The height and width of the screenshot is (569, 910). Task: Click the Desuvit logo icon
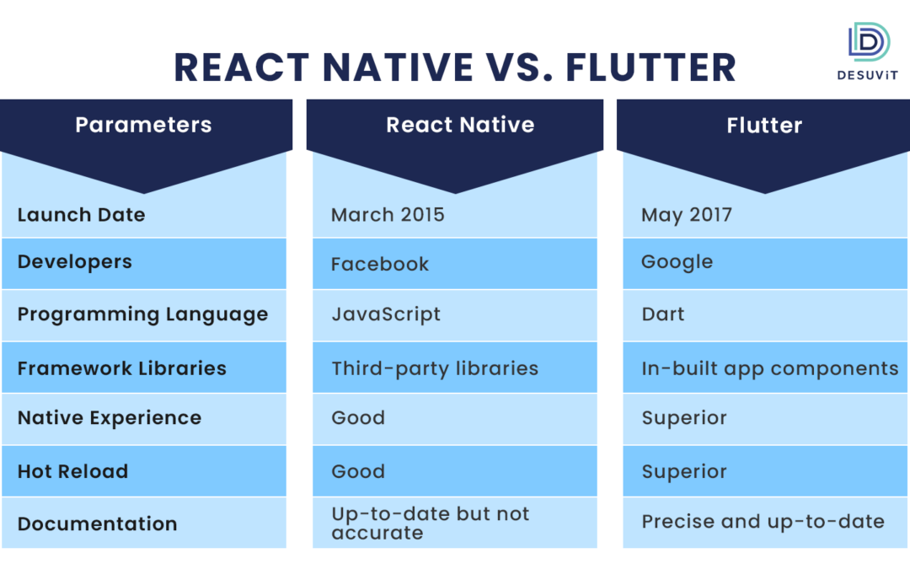(869, 42)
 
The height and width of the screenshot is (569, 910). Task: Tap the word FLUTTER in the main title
(650, 67)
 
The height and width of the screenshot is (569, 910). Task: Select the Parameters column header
(143, 125)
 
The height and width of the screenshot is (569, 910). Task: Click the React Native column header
(460, 125)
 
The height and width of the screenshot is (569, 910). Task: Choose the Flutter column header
(764, 126)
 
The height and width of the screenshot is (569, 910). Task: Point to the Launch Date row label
(81, 215)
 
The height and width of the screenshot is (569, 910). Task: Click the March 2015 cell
(388, 215)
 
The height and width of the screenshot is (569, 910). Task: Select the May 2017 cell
(687, 216)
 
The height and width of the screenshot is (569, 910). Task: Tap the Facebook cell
(380, 264)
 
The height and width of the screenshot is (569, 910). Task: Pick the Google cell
(677, 262)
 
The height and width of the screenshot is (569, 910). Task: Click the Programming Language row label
(142, 314)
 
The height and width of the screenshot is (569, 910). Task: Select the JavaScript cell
(386, 314)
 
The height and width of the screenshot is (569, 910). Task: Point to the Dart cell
(663, 314)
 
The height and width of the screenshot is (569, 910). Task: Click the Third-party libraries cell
(435, 369)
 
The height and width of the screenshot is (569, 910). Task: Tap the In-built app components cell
(769, 369)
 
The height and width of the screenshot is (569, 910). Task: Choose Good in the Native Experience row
(358, 418)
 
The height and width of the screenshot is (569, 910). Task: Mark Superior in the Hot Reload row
(684, 472)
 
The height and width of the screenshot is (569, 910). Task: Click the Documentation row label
(97, 523)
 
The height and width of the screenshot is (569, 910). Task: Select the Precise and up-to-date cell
(763, 522)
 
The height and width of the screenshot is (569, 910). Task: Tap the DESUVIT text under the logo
(867, 75)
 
